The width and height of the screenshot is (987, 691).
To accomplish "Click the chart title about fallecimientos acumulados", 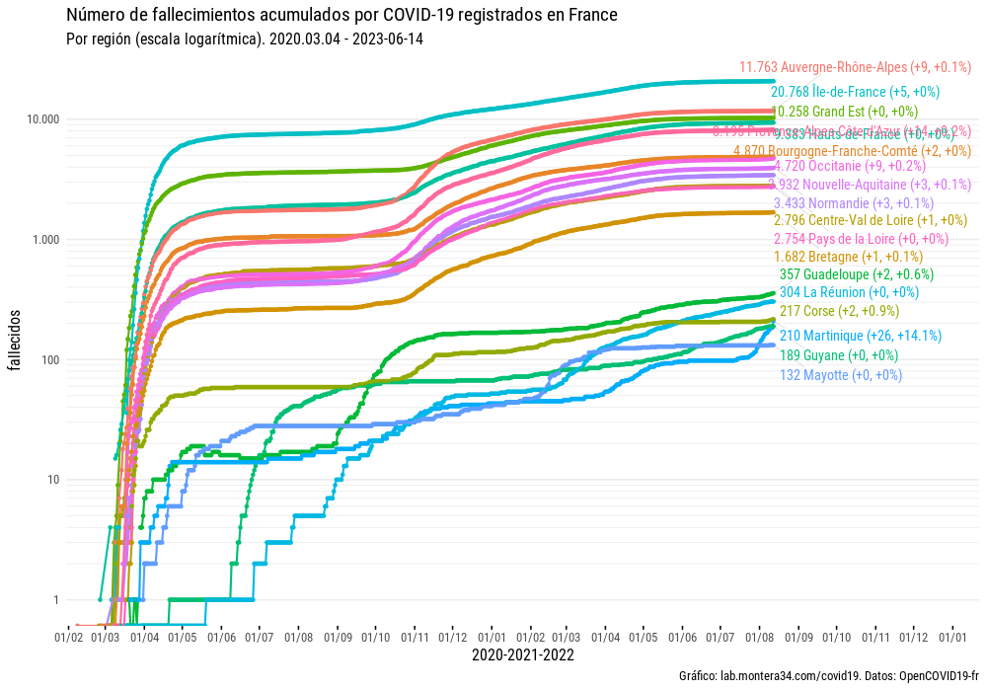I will point(342,16).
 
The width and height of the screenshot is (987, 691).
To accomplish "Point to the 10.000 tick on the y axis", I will point(40,119).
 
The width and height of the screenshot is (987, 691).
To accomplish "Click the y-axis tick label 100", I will point(48,360).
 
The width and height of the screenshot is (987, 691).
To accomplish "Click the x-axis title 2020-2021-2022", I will point(523,654).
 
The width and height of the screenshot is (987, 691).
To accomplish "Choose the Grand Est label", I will point(844,112).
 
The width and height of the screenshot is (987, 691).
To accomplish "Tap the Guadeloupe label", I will point(843,274).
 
